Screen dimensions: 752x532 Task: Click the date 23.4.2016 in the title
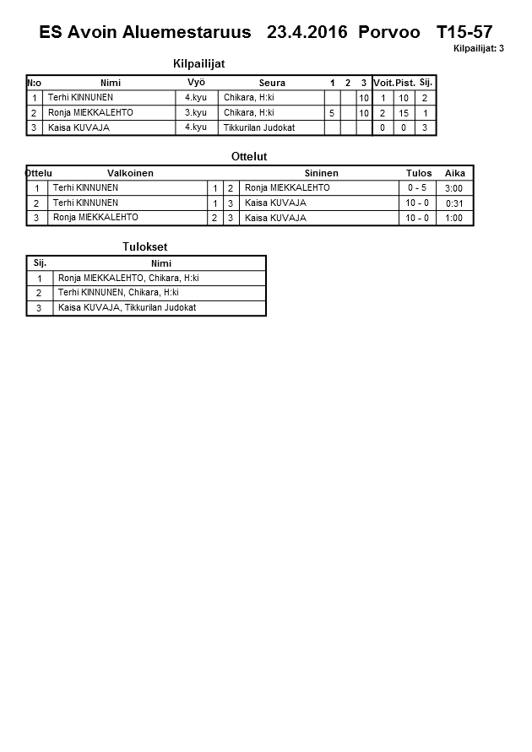click(307, 33)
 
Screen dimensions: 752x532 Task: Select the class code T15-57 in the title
click(464, 33)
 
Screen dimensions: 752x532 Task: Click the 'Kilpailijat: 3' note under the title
click(478, 49)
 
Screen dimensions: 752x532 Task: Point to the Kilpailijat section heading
click(198, 63)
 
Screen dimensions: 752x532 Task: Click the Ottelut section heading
click(249, 156)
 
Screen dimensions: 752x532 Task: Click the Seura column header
click(272, 83)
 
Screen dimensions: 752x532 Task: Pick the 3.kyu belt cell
click(196, 112)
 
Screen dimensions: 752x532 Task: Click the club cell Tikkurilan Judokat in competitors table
click(258, 127)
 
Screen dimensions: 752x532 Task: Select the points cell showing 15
click(404, 113)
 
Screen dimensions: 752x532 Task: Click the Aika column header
click(455, 173)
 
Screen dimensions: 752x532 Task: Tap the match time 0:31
click(453, 203)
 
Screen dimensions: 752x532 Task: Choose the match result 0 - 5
click(418, 188)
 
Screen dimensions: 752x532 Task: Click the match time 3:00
click(453, 188)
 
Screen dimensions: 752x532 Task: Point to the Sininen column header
click(321, 173)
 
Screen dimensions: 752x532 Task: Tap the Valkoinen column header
click(130, 173)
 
